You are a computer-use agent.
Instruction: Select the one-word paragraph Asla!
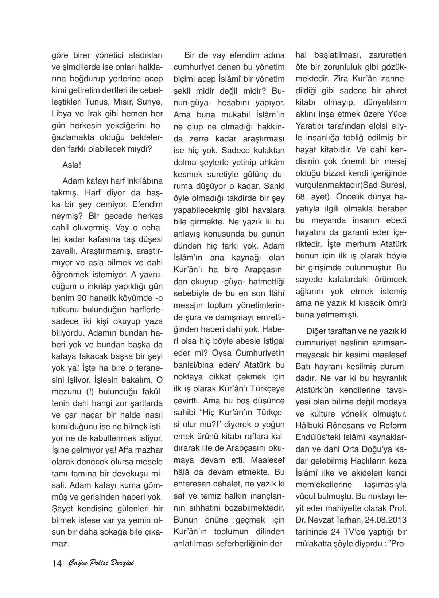pos(72,165)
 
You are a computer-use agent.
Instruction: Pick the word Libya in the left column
pos(62,114)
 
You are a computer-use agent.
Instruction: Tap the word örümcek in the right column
pos(389,280)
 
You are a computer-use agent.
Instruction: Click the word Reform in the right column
pos(393,425)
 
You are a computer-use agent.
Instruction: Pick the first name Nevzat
pos(327,520)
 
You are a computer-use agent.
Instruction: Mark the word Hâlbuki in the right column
pos(310,425)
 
